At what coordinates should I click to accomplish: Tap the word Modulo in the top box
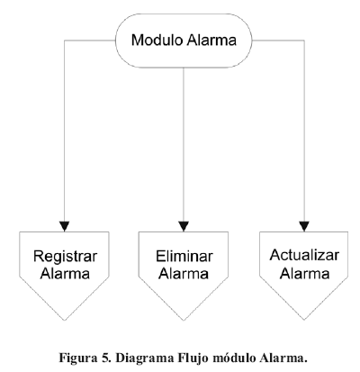click(157, 40)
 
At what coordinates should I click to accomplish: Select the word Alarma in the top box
click(211, 40)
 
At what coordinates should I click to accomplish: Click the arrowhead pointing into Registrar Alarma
click(65, 226)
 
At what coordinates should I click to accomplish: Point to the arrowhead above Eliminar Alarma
click(184, 226)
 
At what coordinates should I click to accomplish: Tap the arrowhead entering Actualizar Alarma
click(304, 226)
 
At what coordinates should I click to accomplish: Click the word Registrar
click(65, 257)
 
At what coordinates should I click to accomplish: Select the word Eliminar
click(184, 257)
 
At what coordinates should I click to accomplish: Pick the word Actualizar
click(304, 255)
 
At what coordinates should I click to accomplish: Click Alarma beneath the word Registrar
click(65, 274)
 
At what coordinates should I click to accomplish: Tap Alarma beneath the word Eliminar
click(184, 274)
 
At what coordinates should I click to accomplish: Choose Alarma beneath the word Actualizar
click(305, 274)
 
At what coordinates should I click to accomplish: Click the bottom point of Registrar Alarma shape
click(64, 320)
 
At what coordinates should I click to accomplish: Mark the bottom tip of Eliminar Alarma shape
click(184, 320)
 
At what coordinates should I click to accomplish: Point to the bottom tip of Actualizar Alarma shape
click(304, 320)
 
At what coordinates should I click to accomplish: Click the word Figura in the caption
click(76, 358)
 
